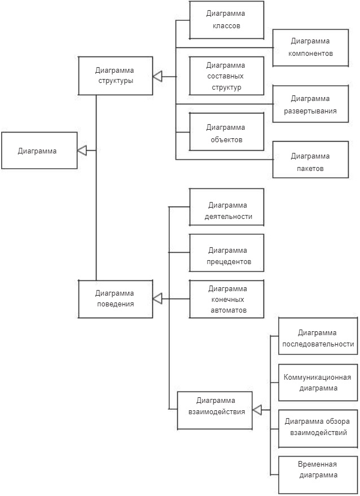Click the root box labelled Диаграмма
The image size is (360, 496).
(39, 151)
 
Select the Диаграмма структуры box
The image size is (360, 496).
(116, 76)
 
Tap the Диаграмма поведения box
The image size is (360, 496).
(116, 299)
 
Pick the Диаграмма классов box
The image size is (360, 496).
(226, 20)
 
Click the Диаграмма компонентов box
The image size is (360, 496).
(310, 47)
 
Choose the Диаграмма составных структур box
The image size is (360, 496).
(226, 76)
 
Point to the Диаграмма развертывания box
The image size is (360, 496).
(310, 104)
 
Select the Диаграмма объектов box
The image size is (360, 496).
(226, 132)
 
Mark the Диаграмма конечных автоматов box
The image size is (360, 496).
(226, 299)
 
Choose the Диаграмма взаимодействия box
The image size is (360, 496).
(214, 410)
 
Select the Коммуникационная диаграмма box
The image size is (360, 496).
(318, 383)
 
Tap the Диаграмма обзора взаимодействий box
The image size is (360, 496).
(318, 427)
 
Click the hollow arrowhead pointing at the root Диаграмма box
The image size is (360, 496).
(82, 150)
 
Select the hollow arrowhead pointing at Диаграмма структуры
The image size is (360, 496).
(157, 76)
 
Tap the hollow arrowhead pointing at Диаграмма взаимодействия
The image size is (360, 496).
(257, 410)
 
